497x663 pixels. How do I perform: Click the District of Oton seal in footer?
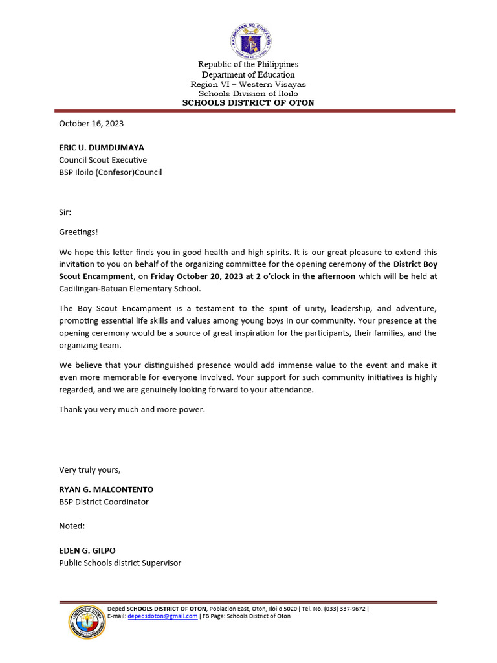pos(86,622)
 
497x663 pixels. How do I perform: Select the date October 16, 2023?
pos(91,123)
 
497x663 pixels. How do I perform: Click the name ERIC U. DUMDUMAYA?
pos(102,148)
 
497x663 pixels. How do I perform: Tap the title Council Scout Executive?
pos(103,160)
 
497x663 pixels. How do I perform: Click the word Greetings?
pos(78,232)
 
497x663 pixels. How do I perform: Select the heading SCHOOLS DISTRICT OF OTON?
pos(248,102)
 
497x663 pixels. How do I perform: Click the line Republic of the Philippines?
pos(248,65)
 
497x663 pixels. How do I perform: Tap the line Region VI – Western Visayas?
pos(248,84)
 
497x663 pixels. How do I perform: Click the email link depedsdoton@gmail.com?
pos(162,616)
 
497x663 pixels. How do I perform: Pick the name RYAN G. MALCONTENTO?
pos(106,489)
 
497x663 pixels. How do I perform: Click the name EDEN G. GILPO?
pos(87,550)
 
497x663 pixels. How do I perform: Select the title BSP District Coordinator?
pos(104,502)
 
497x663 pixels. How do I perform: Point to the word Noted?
pos(72,526)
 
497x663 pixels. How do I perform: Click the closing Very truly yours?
pos(90,469)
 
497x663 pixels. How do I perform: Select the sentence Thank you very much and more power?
pos(132,409)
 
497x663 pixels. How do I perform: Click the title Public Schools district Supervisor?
pos(120,563)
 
